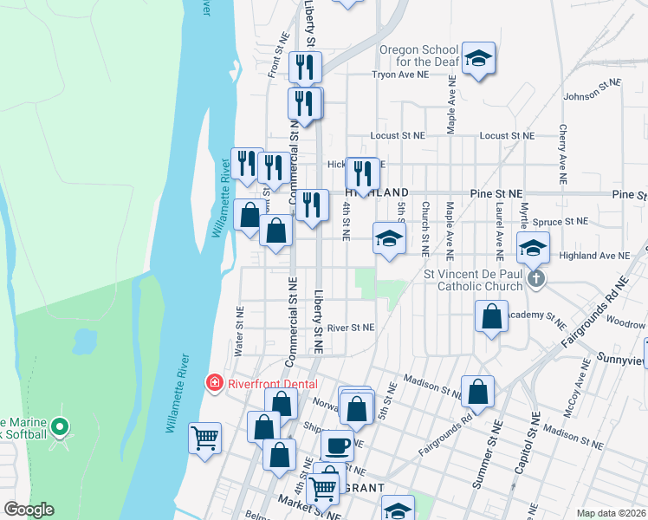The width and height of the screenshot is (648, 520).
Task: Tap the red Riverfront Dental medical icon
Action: point(213,382)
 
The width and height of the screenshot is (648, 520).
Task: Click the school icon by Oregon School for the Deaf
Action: point(478,58)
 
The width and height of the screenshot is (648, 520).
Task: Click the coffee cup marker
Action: point(337,445)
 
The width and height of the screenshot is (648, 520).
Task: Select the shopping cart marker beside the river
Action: point(205,438)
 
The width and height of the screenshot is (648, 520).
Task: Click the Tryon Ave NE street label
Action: point(400,75)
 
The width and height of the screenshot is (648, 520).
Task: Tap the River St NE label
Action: point(350,328)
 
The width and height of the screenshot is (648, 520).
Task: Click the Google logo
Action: point(29,510)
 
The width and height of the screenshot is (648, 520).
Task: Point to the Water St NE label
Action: point(239,331)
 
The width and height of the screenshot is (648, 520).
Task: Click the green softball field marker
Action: point(59,426)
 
